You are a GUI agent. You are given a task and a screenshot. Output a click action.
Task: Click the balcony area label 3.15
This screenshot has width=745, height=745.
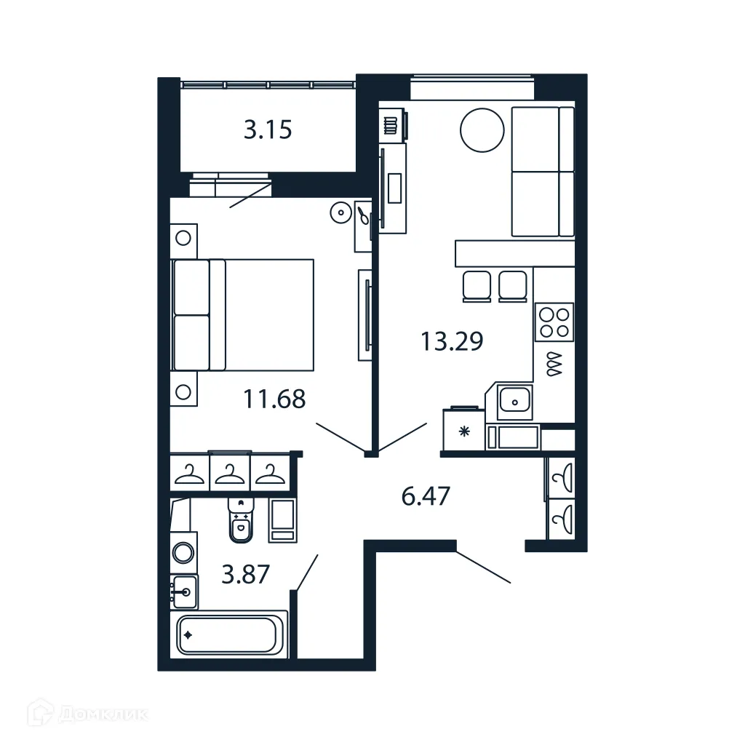(x=268, y=130)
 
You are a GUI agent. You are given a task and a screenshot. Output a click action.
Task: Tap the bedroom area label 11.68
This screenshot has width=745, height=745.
(x=274, y=399)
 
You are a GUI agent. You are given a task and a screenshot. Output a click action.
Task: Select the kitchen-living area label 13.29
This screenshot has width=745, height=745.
(x=452, y=340)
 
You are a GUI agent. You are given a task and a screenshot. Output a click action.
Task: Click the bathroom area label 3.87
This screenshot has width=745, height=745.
(x=246, y=574)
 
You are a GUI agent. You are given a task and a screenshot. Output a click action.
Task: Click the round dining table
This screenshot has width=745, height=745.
(x=482, y=130)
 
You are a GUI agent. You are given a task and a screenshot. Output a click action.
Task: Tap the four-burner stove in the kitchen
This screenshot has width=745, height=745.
(x=554, y=322)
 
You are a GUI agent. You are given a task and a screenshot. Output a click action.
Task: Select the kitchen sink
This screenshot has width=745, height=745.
(x=515, y=400)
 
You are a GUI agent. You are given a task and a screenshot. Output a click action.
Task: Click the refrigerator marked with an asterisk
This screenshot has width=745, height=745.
(x=465, y=431)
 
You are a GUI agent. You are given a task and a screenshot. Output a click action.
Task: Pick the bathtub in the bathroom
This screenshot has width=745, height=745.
(x=229, y=634)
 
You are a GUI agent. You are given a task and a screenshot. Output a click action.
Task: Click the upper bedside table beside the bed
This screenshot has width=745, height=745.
(x=184, y=238)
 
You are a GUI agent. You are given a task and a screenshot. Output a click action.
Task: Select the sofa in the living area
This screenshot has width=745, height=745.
(x=543, y=172)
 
